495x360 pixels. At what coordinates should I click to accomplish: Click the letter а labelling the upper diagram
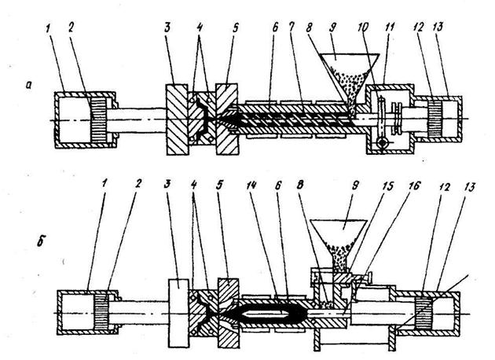click(x=29, y=85)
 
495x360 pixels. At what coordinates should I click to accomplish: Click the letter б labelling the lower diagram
click(x=40, y=241)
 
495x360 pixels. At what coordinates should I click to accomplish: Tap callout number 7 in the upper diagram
click(x=291, y=28)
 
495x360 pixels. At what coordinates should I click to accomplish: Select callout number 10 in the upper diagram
click(x=363, y=28)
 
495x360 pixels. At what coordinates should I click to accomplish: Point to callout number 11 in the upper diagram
click(x=390, y=28)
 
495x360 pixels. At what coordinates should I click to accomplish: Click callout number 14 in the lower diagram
click(x=252, y=186)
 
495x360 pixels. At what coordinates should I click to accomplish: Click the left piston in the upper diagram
click(x=98, y=120)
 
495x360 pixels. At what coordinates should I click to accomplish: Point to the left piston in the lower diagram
click(x=101, y=313)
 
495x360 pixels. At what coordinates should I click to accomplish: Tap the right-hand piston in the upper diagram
click(x=434, y=119)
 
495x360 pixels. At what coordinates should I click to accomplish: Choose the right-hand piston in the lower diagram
click(x=423, y=314)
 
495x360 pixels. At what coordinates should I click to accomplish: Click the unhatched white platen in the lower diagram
click(x=179, y=313)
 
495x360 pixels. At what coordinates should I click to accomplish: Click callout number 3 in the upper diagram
click(x=167, y=28)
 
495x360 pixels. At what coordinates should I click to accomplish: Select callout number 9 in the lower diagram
click(x=355, y=186)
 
